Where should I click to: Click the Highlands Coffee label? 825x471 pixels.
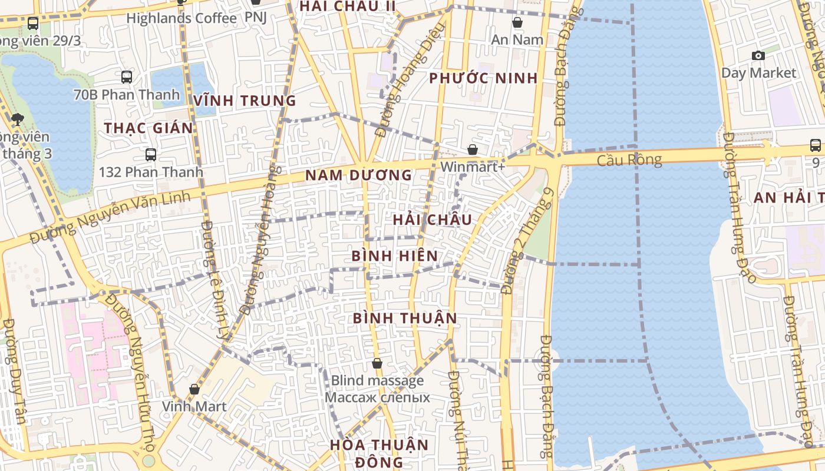pyautogui.click(x=181, y=18)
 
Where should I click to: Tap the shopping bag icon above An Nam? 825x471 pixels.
pyautogui.click(x=517, y=23)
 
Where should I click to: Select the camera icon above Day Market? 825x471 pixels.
pyautogui.click(x=758, y=56)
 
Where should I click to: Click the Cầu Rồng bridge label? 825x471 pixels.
pyautogui.click(x=629, y=160)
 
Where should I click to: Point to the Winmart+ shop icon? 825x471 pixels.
pyautogui.click(x=473, y=150)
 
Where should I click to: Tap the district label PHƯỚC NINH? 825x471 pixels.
pyautogui.click(x=483, y=78)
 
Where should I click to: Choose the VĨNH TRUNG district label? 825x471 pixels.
pyautogui.click(x=245, y=101)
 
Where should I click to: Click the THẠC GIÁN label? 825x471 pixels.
pyautogui.click(x=148, y=128)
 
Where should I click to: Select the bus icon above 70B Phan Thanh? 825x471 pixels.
pyautogui.click(x=127, y=77)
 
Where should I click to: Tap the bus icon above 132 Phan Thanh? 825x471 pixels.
pyautogui.click(x=151, y=155)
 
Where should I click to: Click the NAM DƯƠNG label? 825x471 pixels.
pyautogui.click(x=358, y=175)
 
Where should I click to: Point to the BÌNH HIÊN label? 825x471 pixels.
pyautogui.click(x=395, y=256)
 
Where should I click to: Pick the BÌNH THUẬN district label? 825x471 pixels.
pyautogui.click(x=405, y=319)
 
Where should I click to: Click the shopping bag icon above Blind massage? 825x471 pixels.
pyautogui.click(x=377, y=364)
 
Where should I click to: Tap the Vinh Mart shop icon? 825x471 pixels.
pyautogui.click(x=194, y=389)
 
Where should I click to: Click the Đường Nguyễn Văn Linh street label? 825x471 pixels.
pyautogui.click(x=111, y=217)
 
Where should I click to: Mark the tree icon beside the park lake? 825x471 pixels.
pyautogui.click(x=17, y=120)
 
